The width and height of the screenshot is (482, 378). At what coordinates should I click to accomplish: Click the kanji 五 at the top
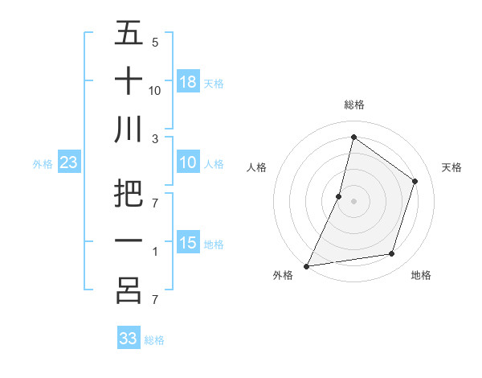(129, 34)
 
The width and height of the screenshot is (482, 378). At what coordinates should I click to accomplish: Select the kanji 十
(129, 81)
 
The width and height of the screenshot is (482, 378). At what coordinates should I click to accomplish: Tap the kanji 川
(129, 129)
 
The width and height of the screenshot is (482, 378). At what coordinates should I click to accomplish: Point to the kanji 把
(129, 195)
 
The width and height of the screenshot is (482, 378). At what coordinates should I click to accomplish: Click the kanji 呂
(129, 290)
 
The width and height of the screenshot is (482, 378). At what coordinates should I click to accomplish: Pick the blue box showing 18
(188, 82)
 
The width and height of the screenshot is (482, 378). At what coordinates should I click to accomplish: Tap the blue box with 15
(188, 244)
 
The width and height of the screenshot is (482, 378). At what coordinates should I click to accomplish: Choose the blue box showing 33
(129, 339)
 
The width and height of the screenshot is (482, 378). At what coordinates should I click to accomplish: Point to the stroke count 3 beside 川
(156, 138)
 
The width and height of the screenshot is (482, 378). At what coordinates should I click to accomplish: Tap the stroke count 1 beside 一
(154, 252)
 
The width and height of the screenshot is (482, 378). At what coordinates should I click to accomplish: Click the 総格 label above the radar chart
(353, 105)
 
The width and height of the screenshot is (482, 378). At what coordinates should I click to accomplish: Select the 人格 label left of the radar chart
(256, 167)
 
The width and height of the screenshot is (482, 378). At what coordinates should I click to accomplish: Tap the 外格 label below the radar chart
(283, 276)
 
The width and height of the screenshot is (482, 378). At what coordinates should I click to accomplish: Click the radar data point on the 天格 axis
(415, 181)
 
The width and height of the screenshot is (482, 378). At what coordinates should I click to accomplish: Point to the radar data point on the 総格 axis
(353, 137)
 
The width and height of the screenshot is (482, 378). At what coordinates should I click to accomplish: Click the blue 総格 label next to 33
(154, 340)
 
